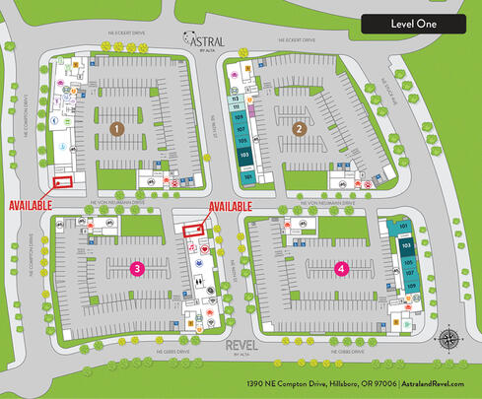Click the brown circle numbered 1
point(116,128)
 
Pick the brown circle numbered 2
point(299,127)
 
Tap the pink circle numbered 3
point(138,267)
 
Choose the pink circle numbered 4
point(341,267)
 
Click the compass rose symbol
point(448,340)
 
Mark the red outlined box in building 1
point(64,180)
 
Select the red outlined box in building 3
point(193,229)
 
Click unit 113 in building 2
point(237,99)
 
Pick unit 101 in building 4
point(404,227)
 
